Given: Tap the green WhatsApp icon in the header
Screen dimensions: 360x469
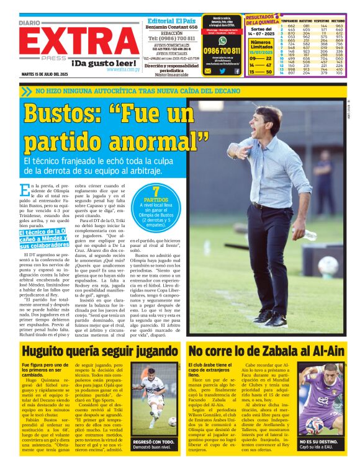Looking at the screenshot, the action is [222, 40].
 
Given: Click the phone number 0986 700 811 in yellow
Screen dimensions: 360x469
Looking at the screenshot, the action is [222, 51].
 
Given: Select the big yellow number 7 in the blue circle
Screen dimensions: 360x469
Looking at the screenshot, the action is [156, 190].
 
